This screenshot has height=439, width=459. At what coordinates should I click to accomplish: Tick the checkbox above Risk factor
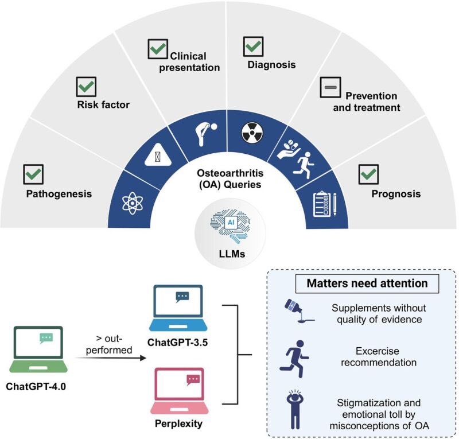(x=87, y=87)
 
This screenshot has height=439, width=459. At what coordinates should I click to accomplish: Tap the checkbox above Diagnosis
(x=253, y=46)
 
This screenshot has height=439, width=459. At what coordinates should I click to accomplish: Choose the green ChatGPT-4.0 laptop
(x=39, y=351)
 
